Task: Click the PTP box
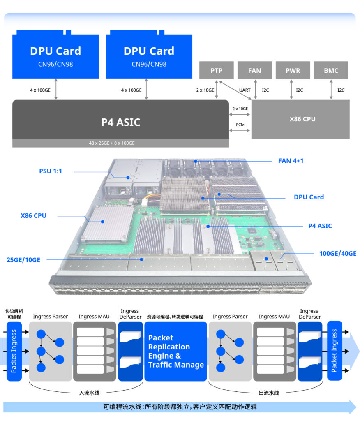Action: [216, 70]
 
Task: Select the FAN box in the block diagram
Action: [254, 70]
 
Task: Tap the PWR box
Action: [293, 70]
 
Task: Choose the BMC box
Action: [331, 70]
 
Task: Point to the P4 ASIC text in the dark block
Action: [120, 122]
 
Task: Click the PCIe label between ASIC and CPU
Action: [240, 124]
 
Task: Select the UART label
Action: [245, 90]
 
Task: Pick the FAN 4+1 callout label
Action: [291, 161]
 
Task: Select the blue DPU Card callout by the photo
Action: [309, 197]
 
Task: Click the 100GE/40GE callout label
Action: [338, 254]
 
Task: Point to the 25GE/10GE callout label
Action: [23, 260]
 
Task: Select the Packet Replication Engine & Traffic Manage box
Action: [175, 352]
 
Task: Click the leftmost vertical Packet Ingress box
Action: [14, 351]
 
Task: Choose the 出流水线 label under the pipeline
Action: [269, 393]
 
